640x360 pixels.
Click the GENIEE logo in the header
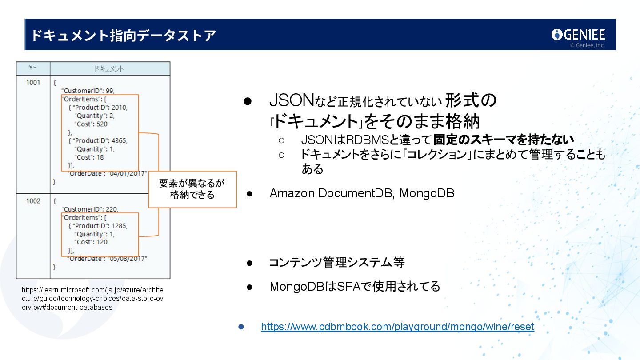578,35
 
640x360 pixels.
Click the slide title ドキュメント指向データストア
124,35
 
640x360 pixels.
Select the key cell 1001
33,82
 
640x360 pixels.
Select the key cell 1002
33,201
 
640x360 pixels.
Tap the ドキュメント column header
109,69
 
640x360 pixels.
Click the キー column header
32,68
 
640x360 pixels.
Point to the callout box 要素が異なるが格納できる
192,189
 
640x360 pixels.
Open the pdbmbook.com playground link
397,327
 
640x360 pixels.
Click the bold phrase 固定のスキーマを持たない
504,140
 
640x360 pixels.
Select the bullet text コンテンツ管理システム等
337,262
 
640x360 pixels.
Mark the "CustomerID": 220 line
90,209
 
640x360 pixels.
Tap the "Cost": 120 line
91,242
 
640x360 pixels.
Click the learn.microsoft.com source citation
92,298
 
